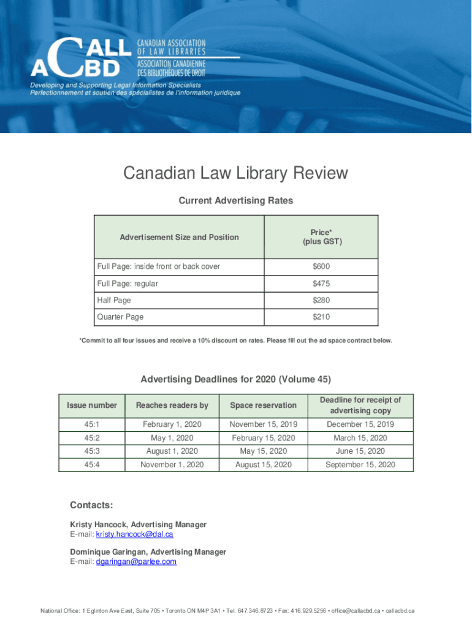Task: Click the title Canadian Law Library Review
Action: pyautogui.click(x=235, y=173)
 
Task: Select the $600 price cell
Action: pyautogui.click(x=321, y=266)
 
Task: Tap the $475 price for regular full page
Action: pyautogui.click(x=321, y=283)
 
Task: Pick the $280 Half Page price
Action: pyautogui.click(x=321, y=300)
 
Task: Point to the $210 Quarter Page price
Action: pyautogui.click(x=321, y=317)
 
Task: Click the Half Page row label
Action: pyautogui.click(x=114, y=300)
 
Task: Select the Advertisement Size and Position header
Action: pyautogui.click(x=179, y=237)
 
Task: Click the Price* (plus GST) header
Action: pyautogui.click(x=321, y=237)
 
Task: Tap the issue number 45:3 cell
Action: pyautogui.click(x=91, y=451)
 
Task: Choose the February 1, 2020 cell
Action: pyautogui.click(x=172, y=424)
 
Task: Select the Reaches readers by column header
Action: pyautogui.click(x=172, y=405)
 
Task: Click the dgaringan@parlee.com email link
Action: pyautogui.click(x=136, y=561)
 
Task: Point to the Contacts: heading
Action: pyautogui.click(x=91, y=505)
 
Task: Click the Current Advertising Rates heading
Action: pyautogui.click(x=235, y=200)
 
